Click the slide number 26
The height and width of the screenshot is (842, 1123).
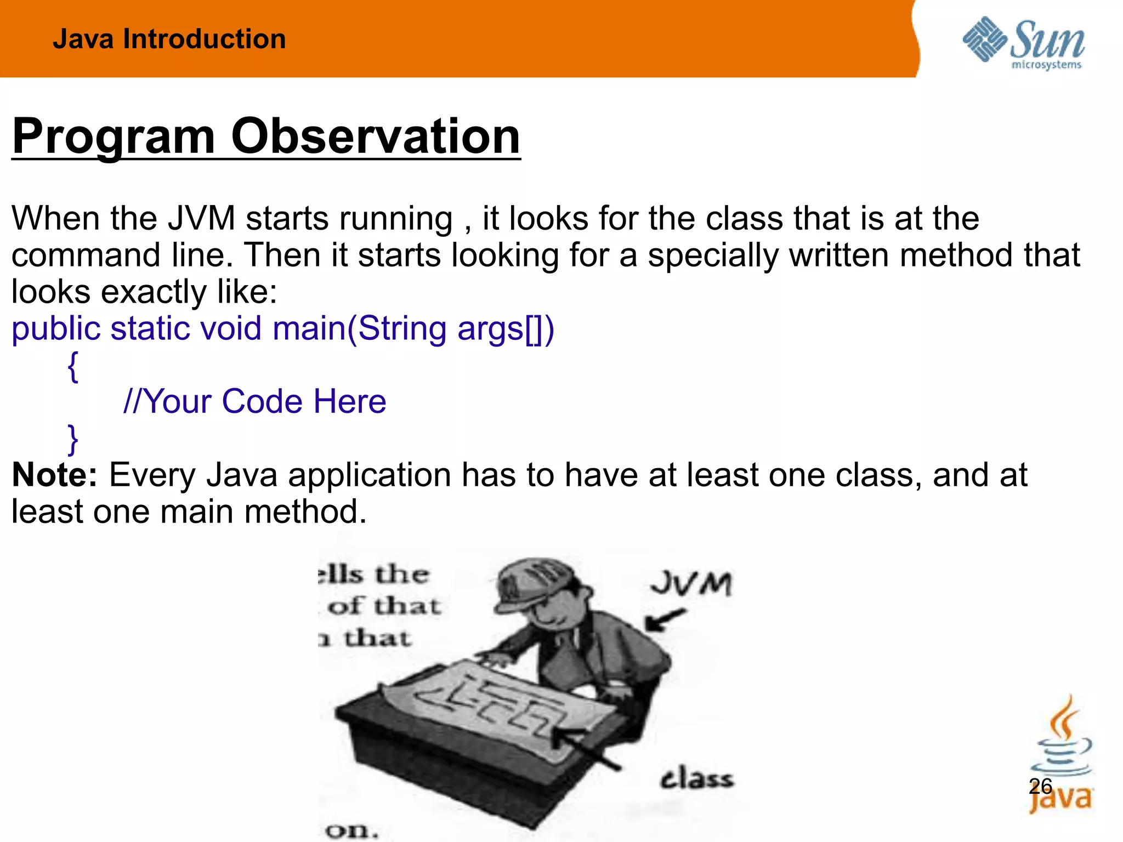[1040, 787]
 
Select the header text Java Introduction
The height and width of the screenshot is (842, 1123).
[169, 39]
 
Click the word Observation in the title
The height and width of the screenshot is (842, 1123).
[375, 136]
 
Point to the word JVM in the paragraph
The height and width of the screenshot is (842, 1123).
[201, 218]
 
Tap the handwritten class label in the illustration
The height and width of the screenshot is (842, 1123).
[696, 779]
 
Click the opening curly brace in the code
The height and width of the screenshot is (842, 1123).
[73, 366]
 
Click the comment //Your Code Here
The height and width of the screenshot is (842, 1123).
[254, 401]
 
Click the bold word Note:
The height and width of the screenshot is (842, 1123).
[54, 475]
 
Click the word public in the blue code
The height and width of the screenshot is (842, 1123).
[56, 329]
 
